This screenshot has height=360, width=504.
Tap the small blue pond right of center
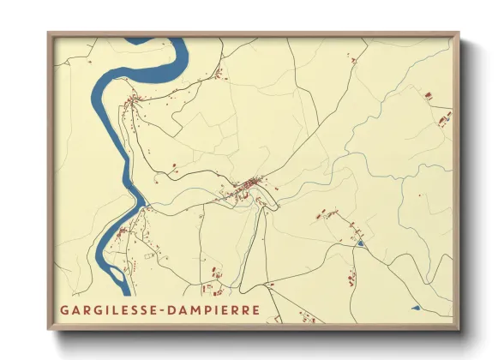pyautogui.click(x=361, y=245)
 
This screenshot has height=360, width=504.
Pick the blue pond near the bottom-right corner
pyautogui.click(x=415, y=307)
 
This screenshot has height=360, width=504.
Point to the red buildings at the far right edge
pyautogui.click(x=443, y=117)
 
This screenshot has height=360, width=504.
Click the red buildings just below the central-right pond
pyautogui.click(x=351, y=276)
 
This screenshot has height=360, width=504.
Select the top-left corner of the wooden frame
pyautogui.click(x=49, y=34)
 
